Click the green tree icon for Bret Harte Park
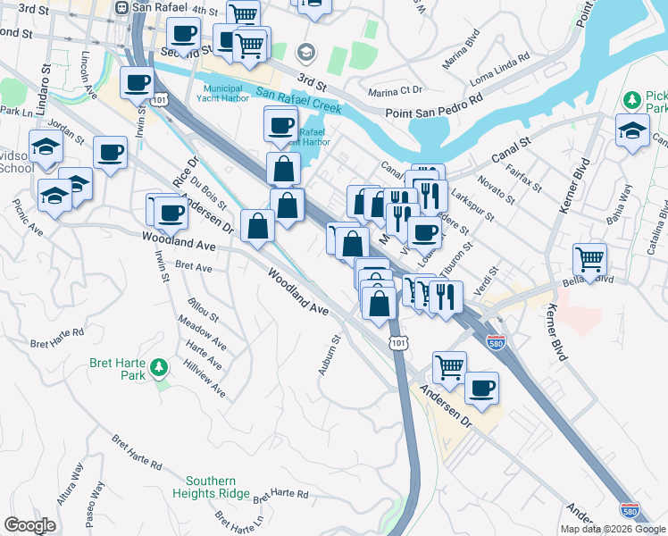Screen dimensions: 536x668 (x=158, y=366)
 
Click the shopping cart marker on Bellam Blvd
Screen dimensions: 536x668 (x=589, y=258)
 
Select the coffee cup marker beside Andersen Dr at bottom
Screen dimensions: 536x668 (x=481, y=388)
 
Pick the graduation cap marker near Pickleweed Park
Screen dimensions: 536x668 (x=632, y=130)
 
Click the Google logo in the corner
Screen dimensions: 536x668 (x=29, y=525)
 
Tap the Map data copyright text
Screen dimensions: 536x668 (x=613, y=529)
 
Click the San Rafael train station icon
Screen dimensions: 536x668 (x=122, y=8)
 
